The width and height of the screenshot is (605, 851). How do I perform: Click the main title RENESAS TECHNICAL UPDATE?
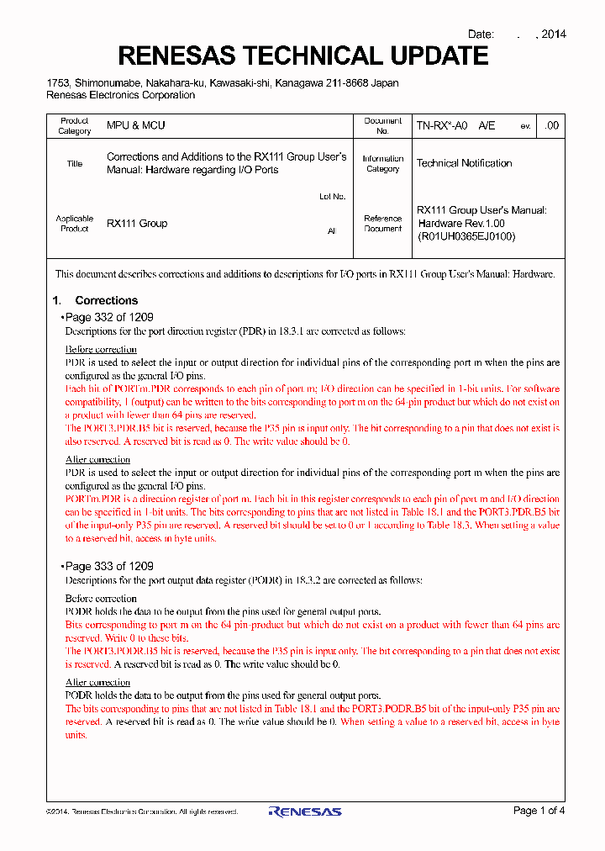coord(302,56)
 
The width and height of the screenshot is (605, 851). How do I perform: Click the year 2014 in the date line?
coord(553,34)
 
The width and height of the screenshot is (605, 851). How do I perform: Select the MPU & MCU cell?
coord(135,125)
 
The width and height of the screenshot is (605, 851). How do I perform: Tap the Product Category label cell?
coord(74,125)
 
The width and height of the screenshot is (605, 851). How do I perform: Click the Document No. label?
coord(382,125)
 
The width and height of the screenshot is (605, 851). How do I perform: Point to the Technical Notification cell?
coord(464,163)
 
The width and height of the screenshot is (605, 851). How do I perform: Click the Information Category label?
coord(382,163)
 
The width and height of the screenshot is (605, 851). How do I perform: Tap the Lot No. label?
coord(332,197)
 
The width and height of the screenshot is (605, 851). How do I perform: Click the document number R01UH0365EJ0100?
coord(466,236)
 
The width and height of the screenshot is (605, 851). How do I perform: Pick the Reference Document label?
coord(382,224)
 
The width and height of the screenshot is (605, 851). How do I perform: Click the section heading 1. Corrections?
coord(95,300)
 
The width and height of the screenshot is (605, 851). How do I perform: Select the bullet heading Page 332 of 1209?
coord(109,318)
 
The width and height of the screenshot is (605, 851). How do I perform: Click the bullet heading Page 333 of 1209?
coord(109,567)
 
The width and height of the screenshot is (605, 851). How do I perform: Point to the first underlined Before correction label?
coord(101,349)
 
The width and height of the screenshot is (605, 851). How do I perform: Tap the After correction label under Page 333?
coord(97,683)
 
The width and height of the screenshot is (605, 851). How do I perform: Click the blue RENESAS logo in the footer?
coord(304,811)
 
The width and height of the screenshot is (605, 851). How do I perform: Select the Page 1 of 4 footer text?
coord(539,811)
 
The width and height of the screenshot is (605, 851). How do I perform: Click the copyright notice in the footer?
coord(141,811)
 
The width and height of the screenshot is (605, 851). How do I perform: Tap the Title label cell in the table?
coord(74,163)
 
